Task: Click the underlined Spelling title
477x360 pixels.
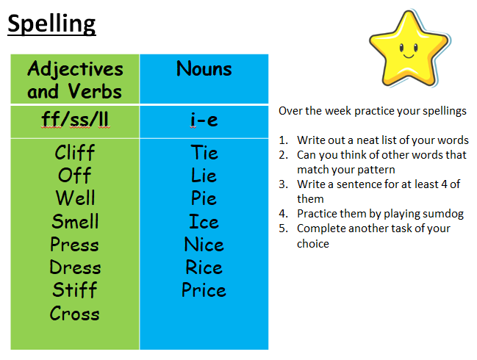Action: pos(51,25)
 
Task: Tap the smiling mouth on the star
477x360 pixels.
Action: pos(409,56)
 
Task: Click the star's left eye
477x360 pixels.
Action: pos(401,48)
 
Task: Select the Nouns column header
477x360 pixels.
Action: pos(204,68)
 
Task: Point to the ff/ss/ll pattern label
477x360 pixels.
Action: pos(75,120)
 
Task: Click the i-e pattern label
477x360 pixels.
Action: pos(204,120)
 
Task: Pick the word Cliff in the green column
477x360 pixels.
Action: pos(75,152)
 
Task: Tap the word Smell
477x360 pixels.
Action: pos(75,221)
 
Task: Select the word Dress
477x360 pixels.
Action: pos(75,267)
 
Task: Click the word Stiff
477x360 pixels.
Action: pos(75,289)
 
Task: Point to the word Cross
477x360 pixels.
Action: pos(75,313)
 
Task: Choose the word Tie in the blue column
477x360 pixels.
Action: pos(204,152)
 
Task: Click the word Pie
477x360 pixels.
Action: pos(204,198)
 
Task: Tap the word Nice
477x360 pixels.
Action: pos(204,244)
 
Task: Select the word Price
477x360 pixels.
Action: pos(204,289)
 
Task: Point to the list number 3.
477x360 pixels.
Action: pos(282,184)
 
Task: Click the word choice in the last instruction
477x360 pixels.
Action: pos(312,243)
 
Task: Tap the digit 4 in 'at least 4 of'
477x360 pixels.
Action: pos(445,184)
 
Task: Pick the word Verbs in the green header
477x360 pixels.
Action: pos(95,91)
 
